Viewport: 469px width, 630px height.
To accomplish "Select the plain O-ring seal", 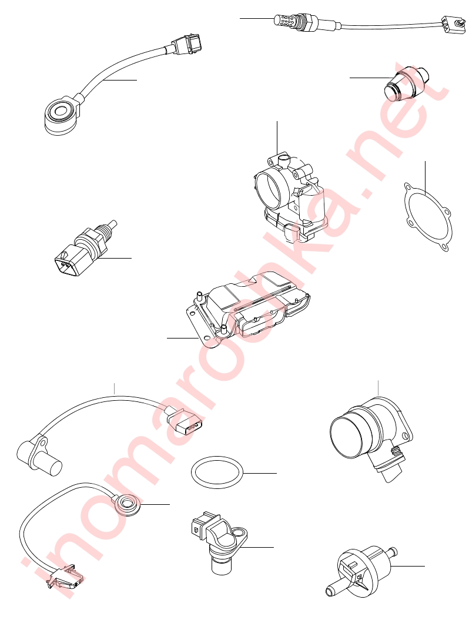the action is coord(217,472).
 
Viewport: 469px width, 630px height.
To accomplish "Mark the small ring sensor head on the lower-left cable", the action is coord(128,504).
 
